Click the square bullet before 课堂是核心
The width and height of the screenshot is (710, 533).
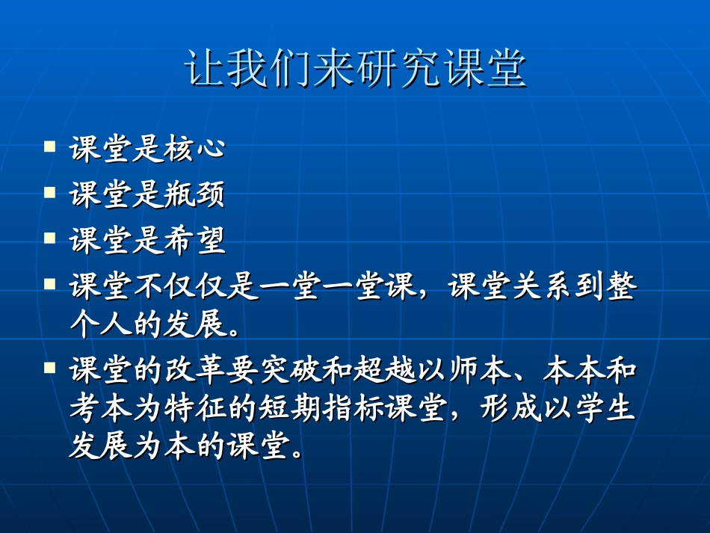(x=50, y=146)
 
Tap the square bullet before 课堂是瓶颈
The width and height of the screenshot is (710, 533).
(x=50, y=192)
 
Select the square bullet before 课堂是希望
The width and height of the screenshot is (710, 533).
(x=50, y=238)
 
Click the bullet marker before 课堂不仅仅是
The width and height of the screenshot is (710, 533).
(x=50, y=284)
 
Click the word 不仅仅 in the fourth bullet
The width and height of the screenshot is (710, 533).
(x=176, y=287)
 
